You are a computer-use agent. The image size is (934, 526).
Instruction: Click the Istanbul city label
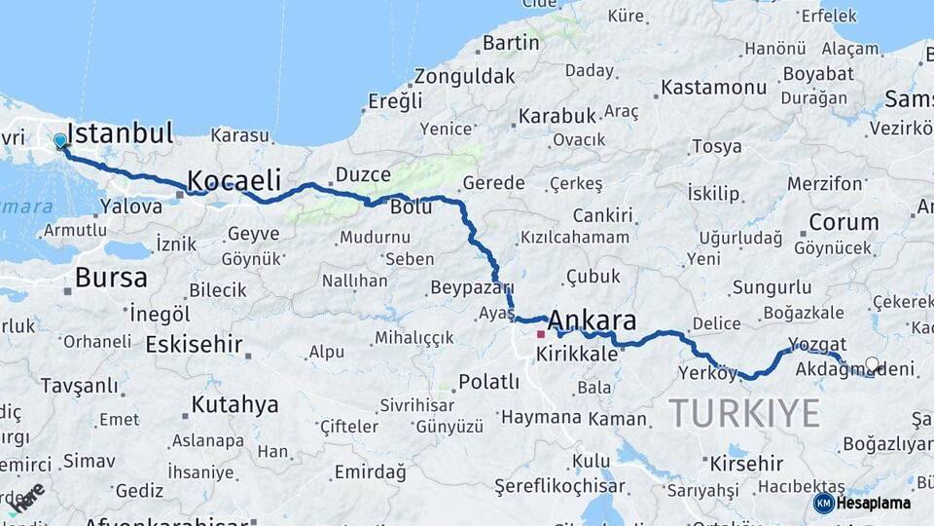point(121,133)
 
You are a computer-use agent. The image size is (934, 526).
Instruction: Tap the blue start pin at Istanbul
point(60,141)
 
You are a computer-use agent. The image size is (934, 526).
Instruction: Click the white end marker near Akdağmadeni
point(872,364)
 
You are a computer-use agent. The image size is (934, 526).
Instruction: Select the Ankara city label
point(592,320)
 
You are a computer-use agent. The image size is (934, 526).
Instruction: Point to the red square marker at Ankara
point(541,334)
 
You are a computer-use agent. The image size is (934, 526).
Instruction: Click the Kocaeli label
point(233,180)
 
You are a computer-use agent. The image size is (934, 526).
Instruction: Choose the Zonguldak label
point(464,76)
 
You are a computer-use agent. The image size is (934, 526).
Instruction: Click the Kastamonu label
point(713,88)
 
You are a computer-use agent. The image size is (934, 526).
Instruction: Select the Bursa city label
point(111,278)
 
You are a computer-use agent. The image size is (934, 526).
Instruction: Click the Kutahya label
point(234,404)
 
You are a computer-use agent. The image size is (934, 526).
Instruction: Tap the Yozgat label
point(816,344)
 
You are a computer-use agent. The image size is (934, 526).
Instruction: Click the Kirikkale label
point(577,354)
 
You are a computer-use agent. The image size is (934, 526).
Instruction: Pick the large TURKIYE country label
point(744,414)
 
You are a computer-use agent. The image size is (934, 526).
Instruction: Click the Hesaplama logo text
point(874,503)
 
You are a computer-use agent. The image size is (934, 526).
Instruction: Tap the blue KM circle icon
point(824,503)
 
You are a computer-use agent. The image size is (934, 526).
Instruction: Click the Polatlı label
point(488,381)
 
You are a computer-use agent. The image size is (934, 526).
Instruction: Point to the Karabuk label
point(556,116)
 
